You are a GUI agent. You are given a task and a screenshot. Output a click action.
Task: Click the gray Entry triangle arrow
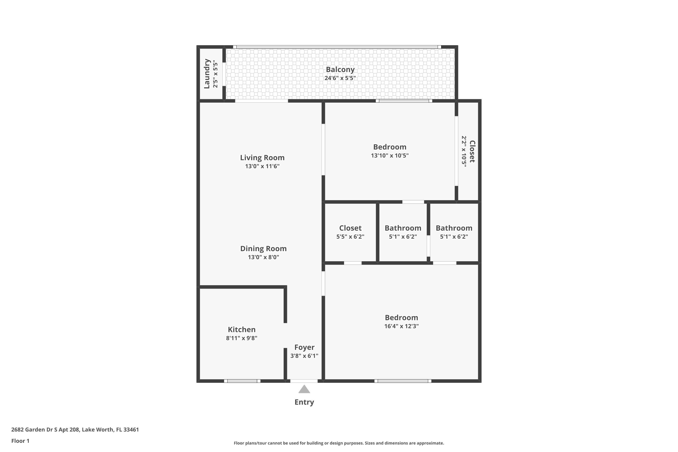[304, 389]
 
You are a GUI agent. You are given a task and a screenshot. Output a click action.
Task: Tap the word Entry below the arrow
[304, 402]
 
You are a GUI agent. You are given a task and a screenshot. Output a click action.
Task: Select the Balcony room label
[340, 69]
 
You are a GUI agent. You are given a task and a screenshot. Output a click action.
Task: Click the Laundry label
[207, 74]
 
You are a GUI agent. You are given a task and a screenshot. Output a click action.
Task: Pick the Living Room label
[262, 158]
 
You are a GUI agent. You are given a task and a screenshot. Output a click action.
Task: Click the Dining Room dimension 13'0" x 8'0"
[264, 257]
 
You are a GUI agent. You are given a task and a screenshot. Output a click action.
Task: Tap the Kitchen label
[242, 330]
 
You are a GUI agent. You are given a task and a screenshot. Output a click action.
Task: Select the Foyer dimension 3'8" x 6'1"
[304, 356]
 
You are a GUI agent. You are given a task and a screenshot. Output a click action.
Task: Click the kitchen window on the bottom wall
[242, 381]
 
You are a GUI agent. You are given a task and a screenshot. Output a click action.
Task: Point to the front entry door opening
[304, 381]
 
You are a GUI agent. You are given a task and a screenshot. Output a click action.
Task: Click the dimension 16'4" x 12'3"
[401, 326]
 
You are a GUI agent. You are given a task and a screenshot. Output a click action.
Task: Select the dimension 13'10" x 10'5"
[390, 156]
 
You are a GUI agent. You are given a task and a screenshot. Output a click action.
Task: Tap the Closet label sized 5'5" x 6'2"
[350, 228]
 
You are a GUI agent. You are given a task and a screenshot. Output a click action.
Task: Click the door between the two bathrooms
[428, 246]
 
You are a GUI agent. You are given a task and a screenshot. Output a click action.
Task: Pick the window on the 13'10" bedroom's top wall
[404, 101]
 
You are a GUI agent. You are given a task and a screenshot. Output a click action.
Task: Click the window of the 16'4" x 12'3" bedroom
[403, 381]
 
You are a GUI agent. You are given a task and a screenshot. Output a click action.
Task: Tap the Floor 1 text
[20, 441]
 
